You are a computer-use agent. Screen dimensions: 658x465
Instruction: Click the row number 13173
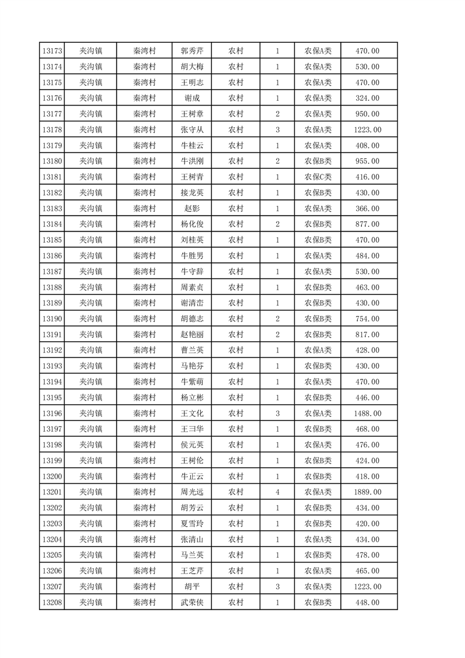(x=53, y=51)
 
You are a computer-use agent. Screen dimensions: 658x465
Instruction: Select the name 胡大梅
(x=192, y=67)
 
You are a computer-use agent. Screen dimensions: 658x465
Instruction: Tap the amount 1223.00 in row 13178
(x=367, y=130)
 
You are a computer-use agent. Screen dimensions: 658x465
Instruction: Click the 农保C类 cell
(x=317, y=177)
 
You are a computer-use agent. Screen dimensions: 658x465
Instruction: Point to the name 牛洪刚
(x=192, y=161)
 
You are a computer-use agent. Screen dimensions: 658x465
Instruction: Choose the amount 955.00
(x=367, y=161)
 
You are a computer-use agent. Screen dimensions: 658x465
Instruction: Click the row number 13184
(x=53, y=224)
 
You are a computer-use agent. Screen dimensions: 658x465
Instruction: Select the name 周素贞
(x=192, y=287)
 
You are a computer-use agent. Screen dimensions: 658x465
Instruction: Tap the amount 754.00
(x=367, y=319)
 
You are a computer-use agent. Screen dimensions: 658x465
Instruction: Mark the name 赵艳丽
(x=192, y=335)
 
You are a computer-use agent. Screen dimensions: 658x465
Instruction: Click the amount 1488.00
(x=367, y=413)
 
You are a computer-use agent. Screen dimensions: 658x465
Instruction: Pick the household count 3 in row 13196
(x=277, y=413)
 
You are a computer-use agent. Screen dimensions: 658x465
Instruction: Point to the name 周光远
(x=192, y=492)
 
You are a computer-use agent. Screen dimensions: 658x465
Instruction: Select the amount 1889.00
(x=367, y=492)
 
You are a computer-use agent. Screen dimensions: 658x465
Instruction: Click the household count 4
(x=277, y=492)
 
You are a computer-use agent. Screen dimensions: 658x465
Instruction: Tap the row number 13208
(x=53, y=602)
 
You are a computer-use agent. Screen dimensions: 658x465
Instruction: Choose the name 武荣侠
(x=192, y=602)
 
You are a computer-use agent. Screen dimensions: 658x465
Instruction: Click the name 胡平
(x=192, y=586)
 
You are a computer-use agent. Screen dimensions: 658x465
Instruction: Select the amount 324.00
(x=367, y=99)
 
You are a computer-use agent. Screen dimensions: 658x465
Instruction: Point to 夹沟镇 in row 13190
(x=91, y=319)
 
